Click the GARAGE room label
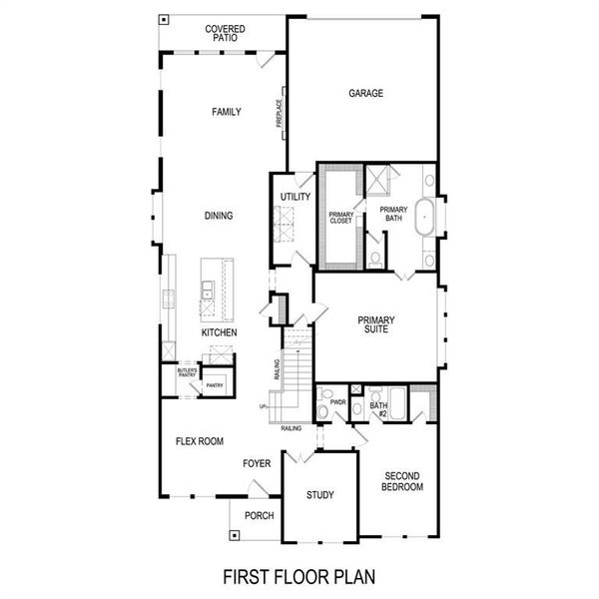coord(365,94)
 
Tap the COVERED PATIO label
coord(226,33)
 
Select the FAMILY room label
coord(226,112)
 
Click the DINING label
coord(218,215)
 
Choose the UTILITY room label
coord(295,197)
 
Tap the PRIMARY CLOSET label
coord(342,218)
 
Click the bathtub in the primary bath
coord(426,216)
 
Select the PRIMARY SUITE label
coord(376,326)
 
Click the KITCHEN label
coord(219,331)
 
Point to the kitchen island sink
coord(207,291)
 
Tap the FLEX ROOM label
coord(199,440)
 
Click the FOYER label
coord(258,463)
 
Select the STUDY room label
coord(319,494)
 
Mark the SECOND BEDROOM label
coord(403,481)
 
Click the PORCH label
coord(259,515)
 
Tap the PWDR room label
coord(337,404)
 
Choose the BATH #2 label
coord(378,408)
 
